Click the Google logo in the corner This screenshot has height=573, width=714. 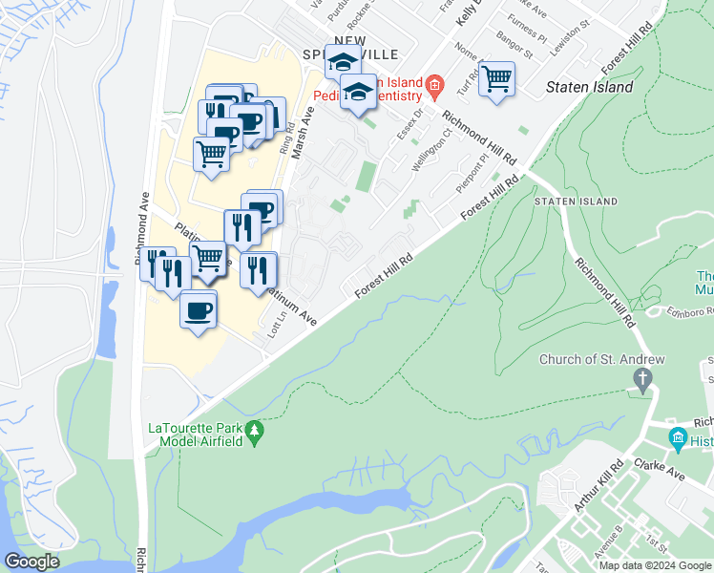pos(32,562)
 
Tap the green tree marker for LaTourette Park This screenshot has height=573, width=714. pos(254,433)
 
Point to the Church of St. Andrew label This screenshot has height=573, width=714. pos(601,360)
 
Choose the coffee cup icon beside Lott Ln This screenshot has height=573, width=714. pos(199,310)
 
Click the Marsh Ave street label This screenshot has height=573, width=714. pos(304,133)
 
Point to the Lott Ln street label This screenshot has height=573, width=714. pos(281,329)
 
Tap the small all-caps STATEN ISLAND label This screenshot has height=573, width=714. pos(576,202)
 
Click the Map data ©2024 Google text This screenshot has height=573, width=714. pos(654,565)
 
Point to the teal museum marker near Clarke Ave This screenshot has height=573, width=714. pos(679,440)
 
